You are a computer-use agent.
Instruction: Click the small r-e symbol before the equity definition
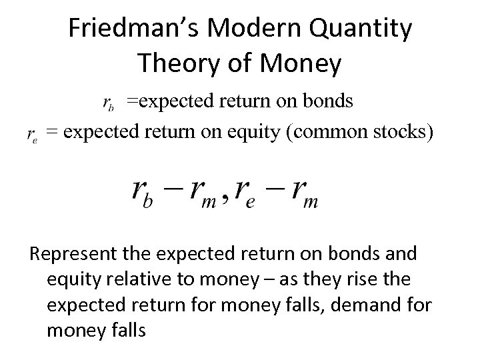31,135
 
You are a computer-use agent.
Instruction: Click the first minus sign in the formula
173,191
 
